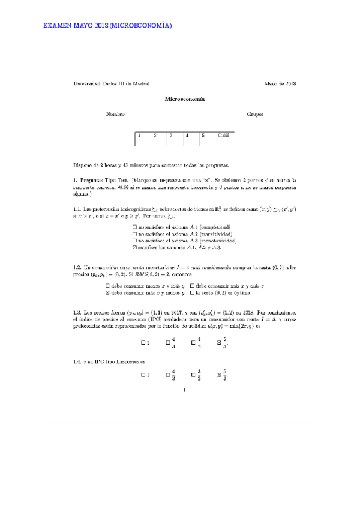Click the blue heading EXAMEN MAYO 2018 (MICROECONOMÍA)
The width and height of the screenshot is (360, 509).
click(x=108, y=26)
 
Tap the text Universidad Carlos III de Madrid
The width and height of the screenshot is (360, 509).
click(x=111, y=84)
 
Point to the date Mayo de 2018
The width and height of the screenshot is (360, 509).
click(x=277, y=84)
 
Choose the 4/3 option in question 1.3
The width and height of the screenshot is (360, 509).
click(x=169, y=343)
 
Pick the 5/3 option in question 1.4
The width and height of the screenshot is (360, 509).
click(x=219, y=375)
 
